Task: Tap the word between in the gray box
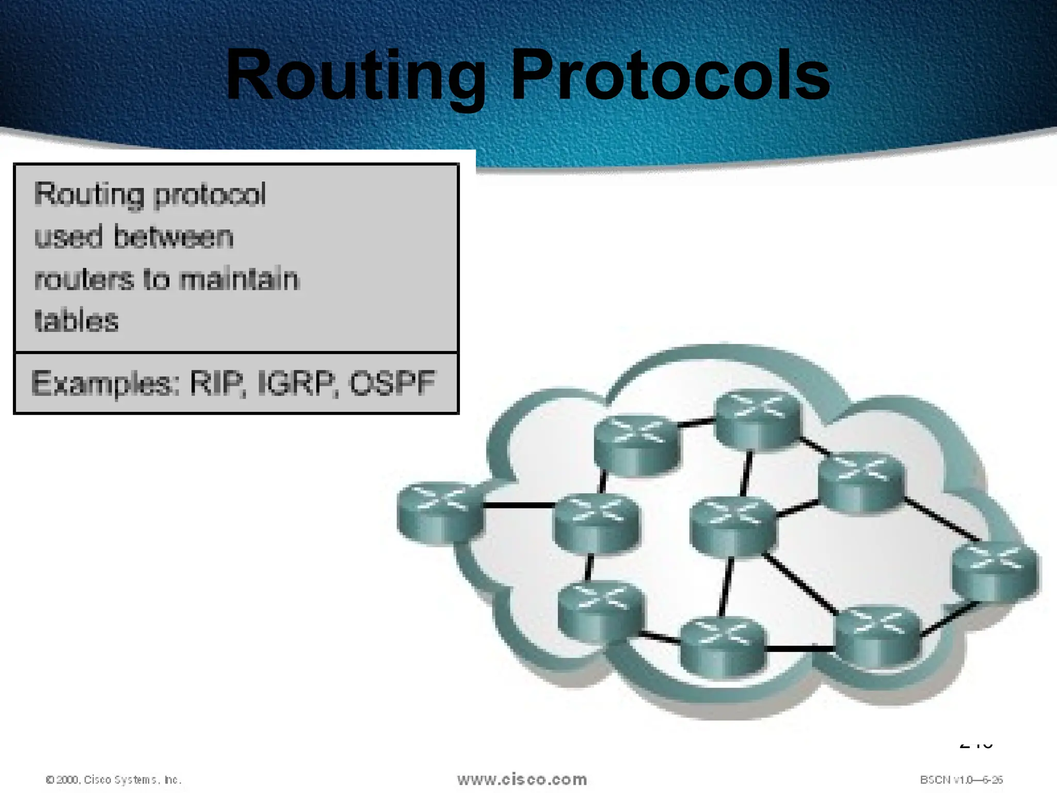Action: click(x=173, y=237)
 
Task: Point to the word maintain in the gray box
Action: click(x=238, y=279)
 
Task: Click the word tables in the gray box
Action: click(x=76, y=321)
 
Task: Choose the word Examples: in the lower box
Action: click(x=105, y=384)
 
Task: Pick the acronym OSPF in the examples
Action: click(x=392, y=384)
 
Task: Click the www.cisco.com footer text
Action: click(x=522, y=779)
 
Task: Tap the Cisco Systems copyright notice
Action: click(x=114, y=780)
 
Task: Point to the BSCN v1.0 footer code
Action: click(x=961, y=780)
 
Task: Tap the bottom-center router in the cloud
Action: click(x=722, y=645)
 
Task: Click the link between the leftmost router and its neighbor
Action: click(x=519, y=505)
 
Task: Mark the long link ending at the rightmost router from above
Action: click(x=942, y=520)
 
